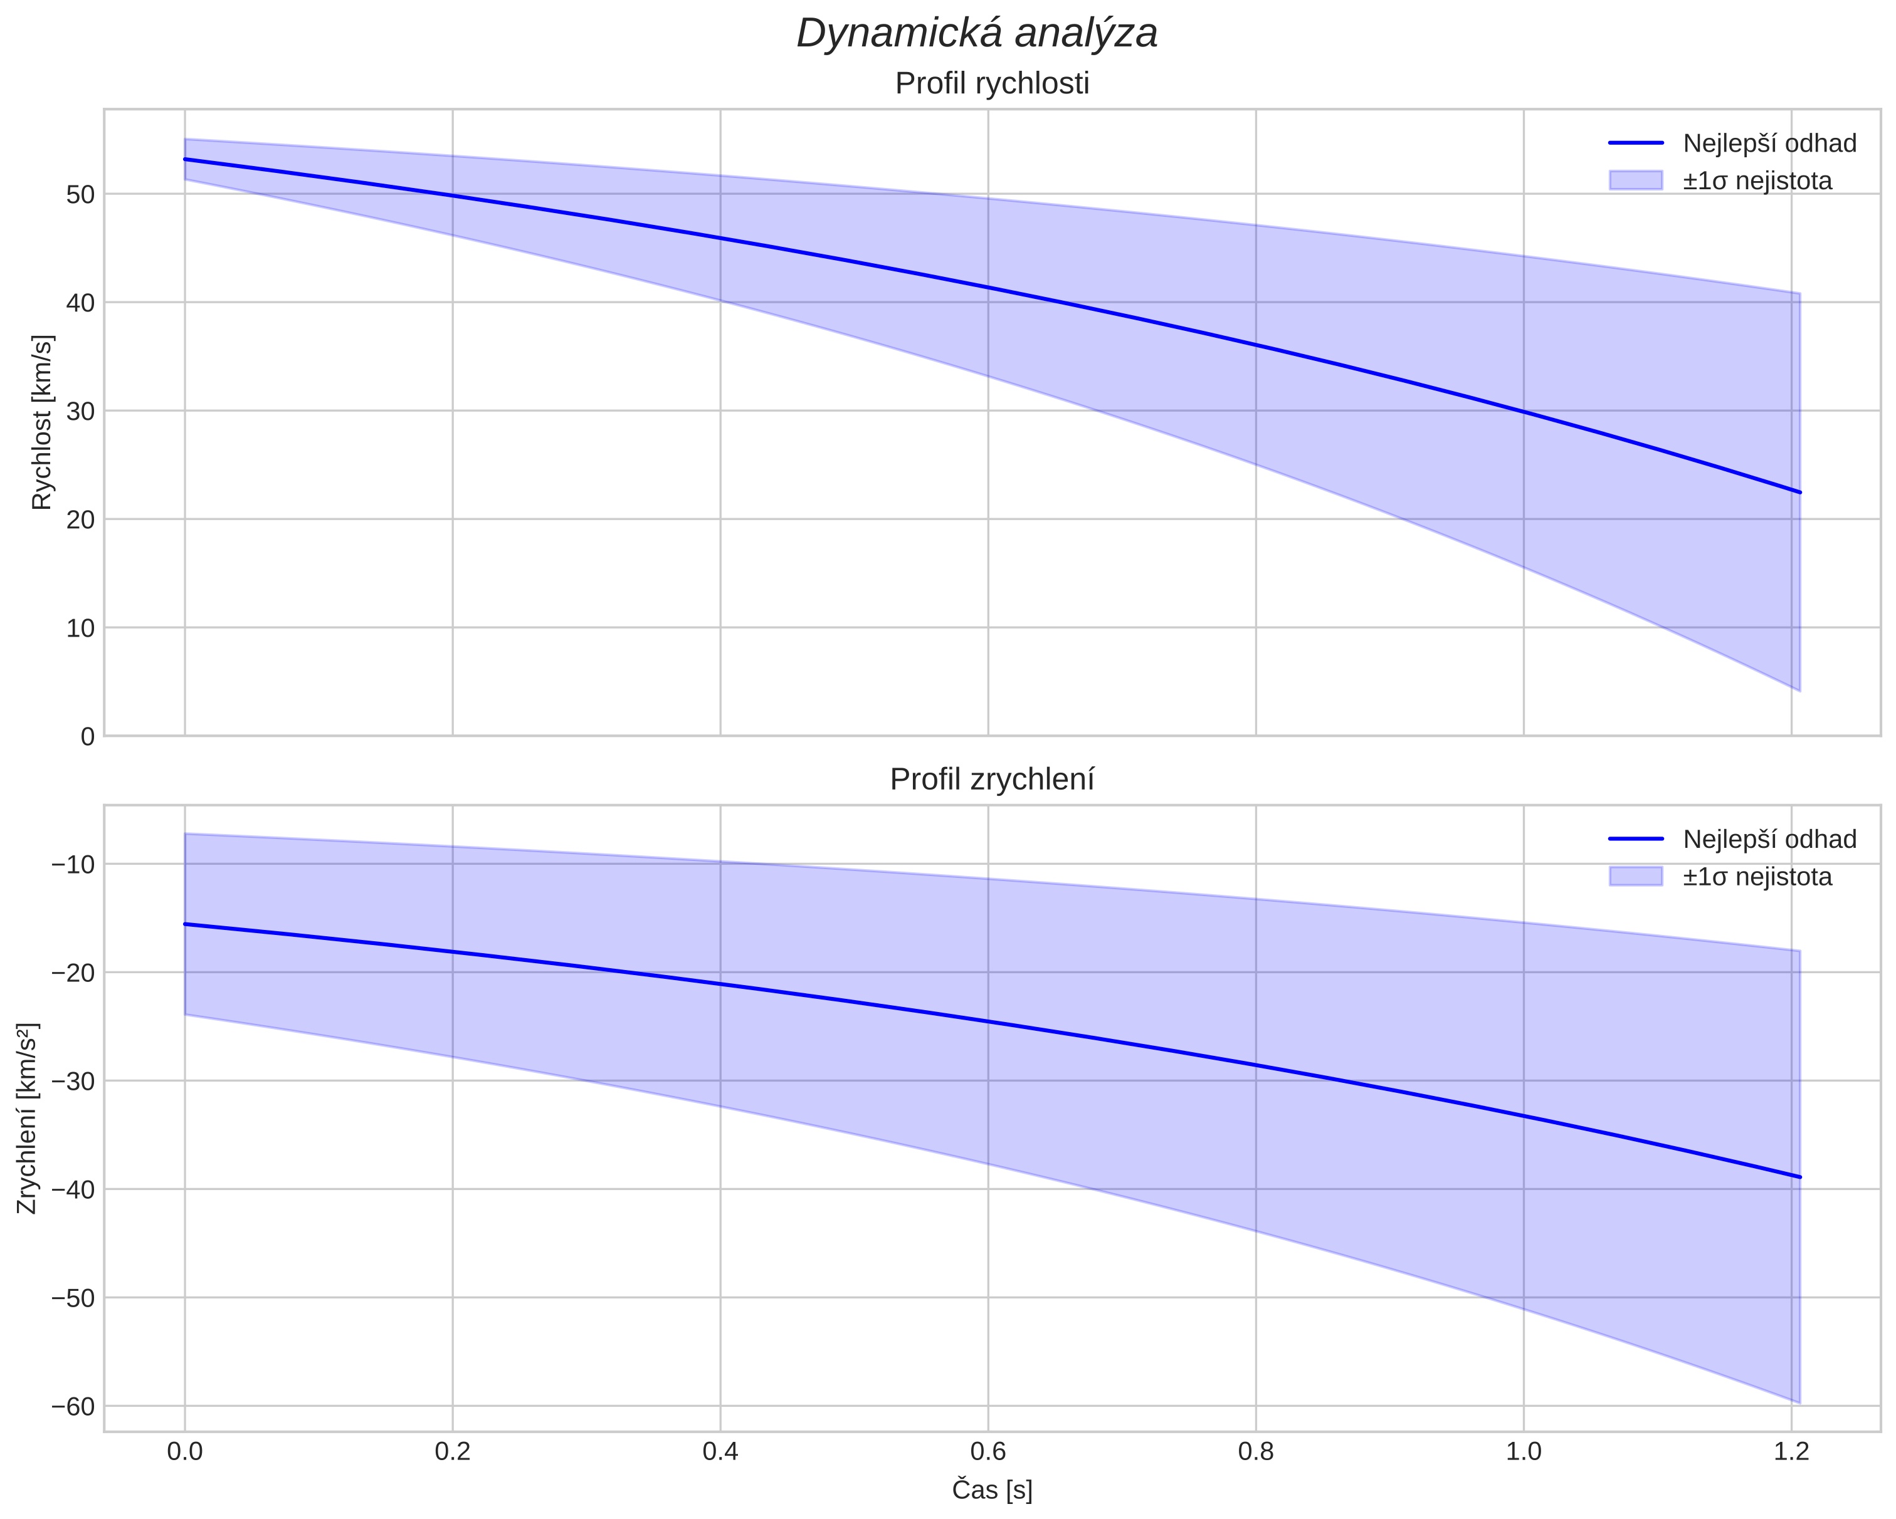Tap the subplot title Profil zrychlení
pos(992,780)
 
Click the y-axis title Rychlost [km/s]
pos(42,422)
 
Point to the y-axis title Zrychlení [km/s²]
pos(28,1118)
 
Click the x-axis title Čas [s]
pos(992,1490)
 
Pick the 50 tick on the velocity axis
pos(80,194)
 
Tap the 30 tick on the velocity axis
pos(80,411)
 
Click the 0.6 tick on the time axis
pos(987,1451)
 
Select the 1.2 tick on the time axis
pos(1791,1451)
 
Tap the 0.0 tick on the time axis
pos(185,1451)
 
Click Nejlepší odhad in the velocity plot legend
pos(1769,144)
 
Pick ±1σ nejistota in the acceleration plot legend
pos(1757,877)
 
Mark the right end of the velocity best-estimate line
pos(1800,493)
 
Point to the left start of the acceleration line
pos(185,924)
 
